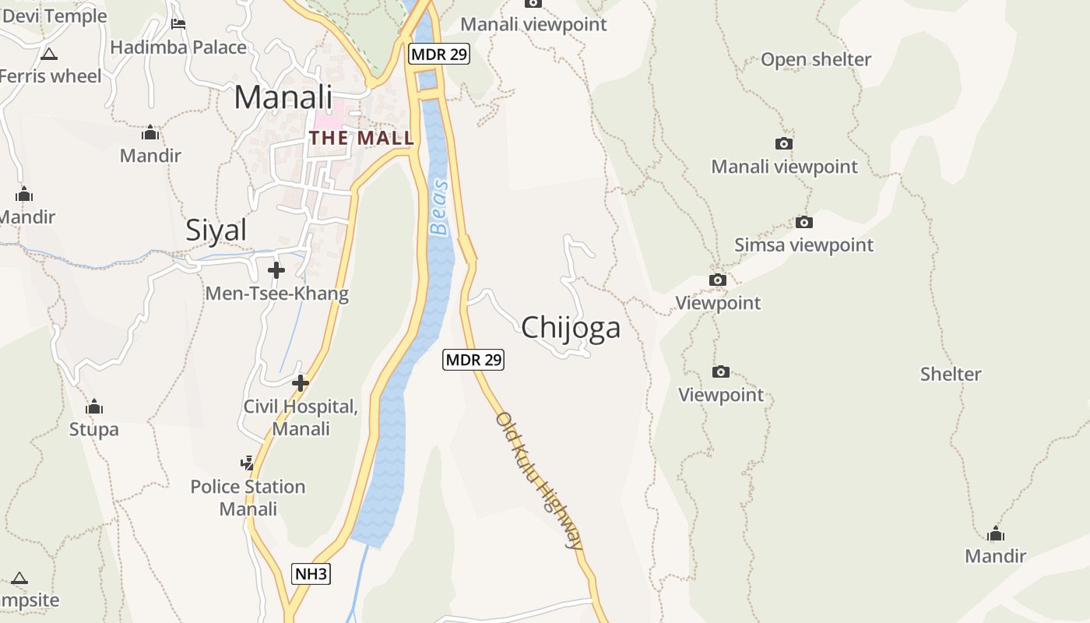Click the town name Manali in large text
coord(283,97)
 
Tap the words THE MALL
coord(361,139)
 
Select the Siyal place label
coord(216,231)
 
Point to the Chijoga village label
coord(571,328)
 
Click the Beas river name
coord(439,207)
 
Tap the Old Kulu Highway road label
coord(540,480)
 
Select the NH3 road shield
coord(311,575)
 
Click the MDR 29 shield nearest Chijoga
coord(473,360)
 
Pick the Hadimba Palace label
coord(178,48)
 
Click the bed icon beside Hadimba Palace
coord(178,24)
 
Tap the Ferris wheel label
coord(51,76)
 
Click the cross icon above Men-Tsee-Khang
coord(276,270)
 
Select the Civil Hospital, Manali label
coord(301,418)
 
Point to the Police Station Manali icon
coord(248,463)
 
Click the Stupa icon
coord(94,407)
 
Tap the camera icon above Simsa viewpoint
coord(804,223)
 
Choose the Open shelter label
coord(816,60)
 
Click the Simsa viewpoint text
coord(804,245)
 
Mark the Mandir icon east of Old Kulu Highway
coord(995,534)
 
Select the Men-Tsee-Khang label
coord(276,294)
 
